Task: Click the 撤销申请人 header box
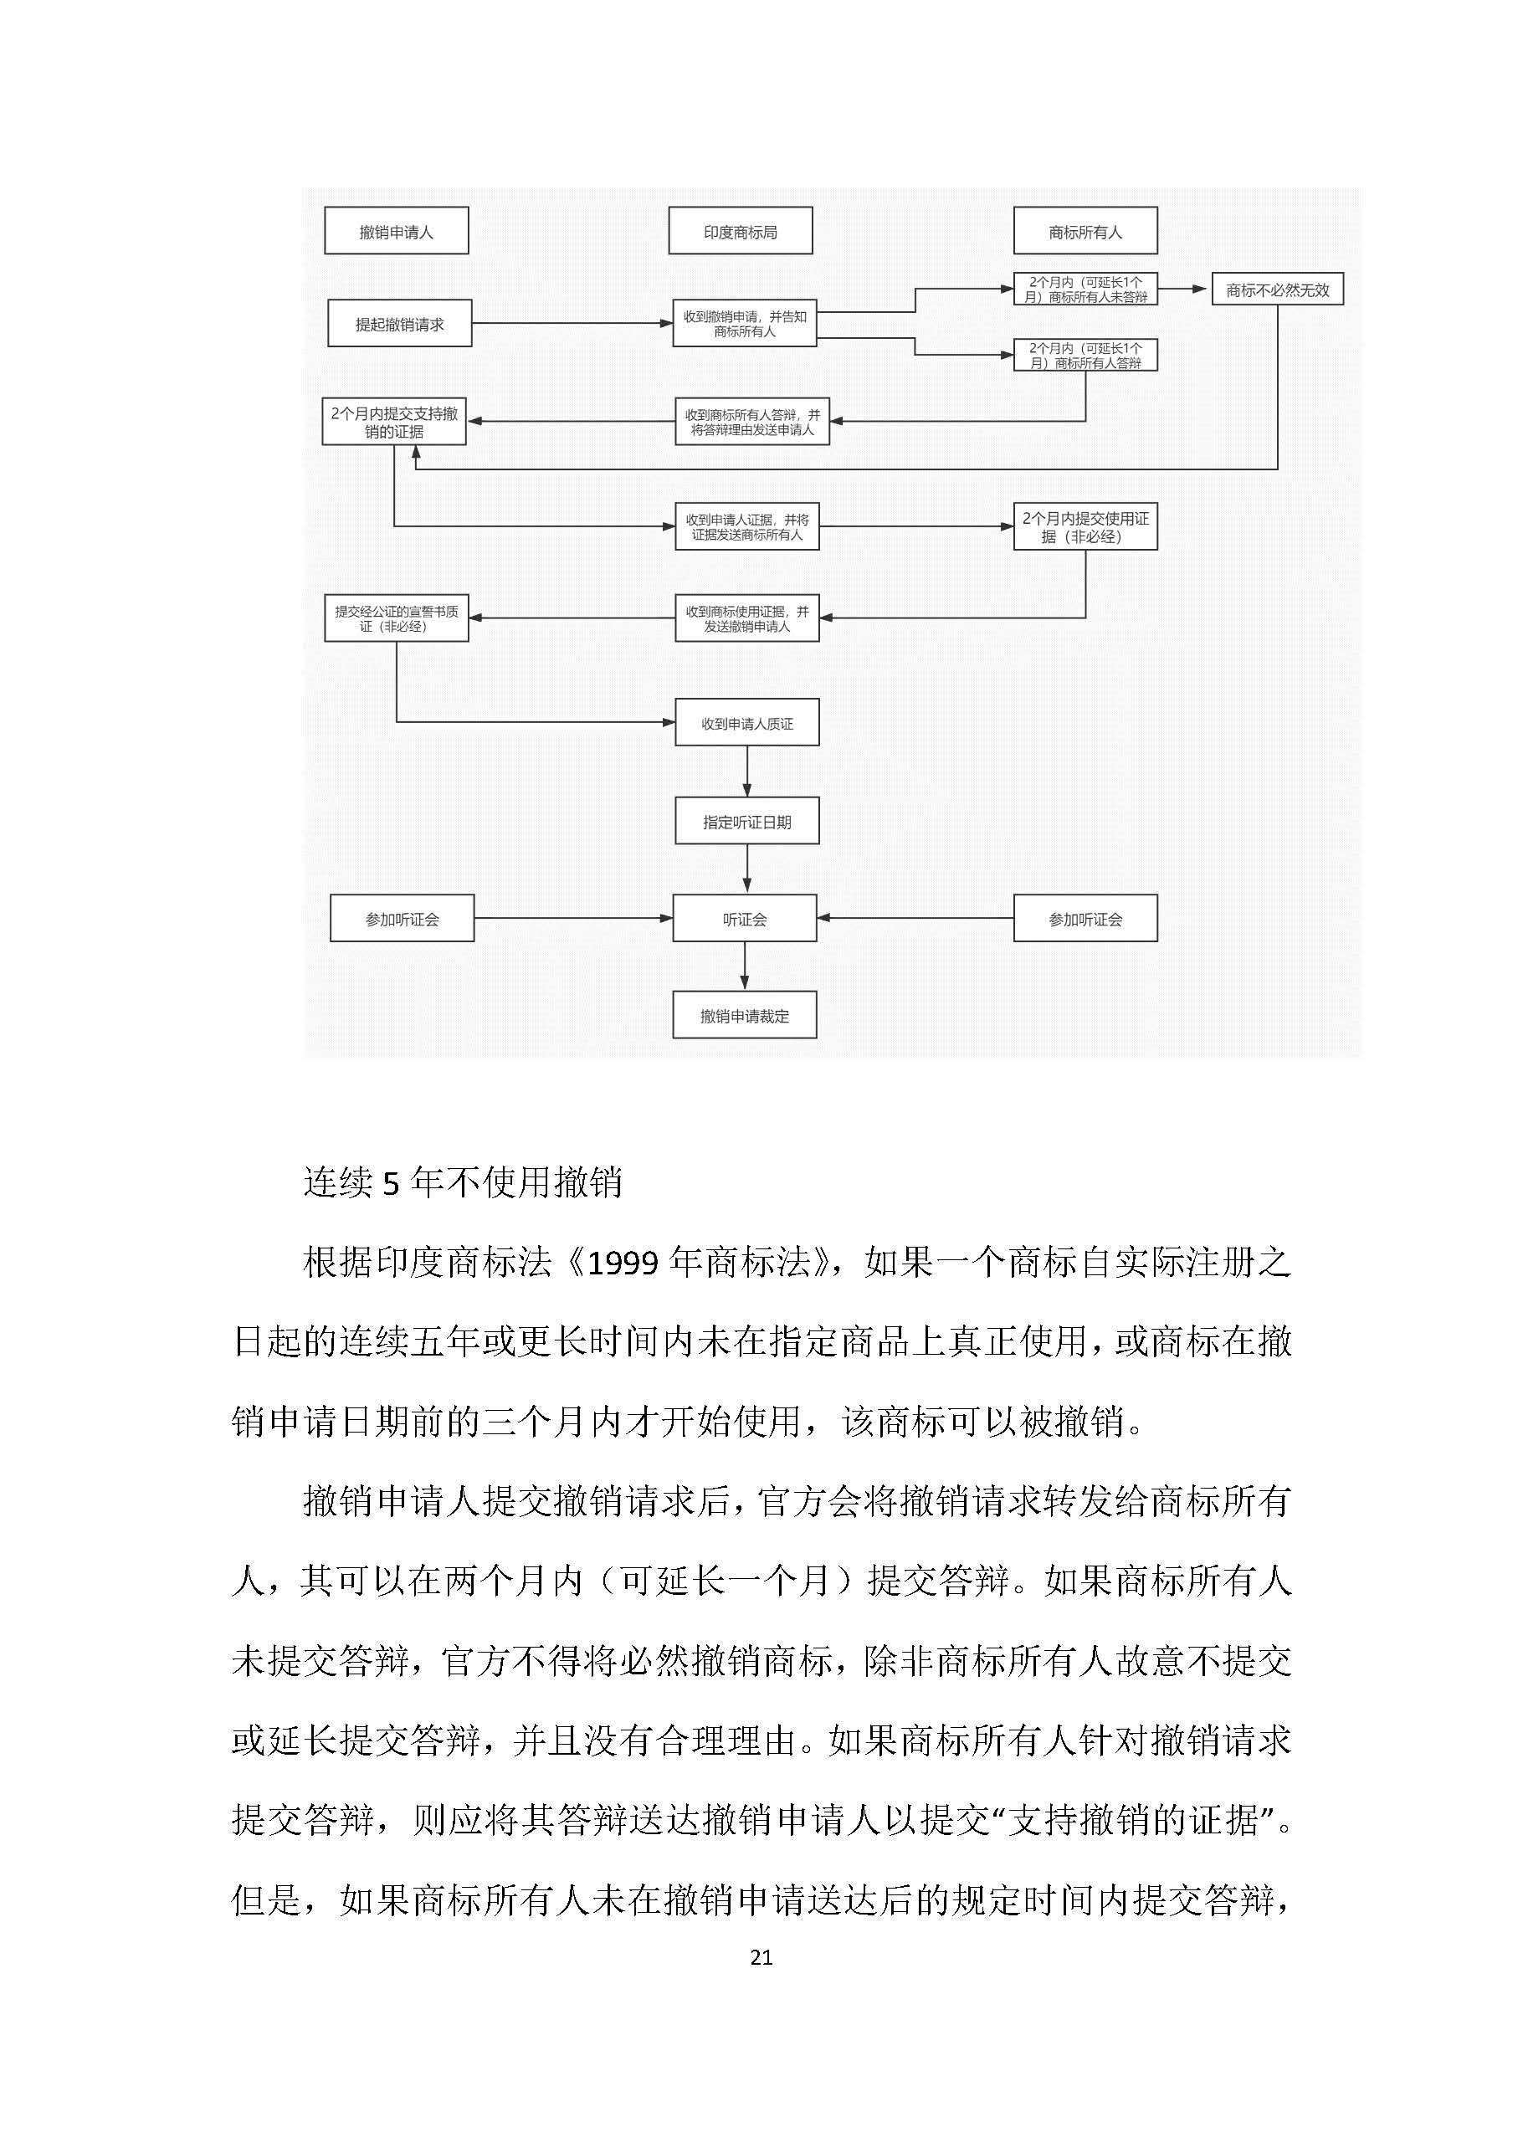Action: point(396,231)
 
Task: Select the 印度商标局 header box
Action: point(740,231)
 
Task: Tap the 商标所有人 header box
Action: point(1085,231)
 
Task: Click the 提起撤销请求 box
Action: point(399,324)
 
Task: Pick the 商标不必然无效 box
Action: point(1277,290)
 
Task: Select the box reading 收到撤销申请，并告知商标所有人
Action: point(745,324)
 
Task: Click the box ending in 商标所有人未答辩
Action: point(1085,289)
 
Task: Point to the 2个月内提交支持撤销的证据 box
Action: point(394,422)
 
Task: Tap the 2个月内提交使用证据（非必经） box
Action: point(1085,527)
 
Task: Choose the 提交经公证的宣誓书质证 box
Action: point(396,618)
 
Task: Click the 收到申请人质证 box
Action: point(746,723)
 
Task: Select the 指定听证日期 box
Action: point(746,822)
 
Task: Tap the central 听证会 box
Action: point(745,919)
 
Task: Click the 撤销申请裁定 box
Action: point(745,1016)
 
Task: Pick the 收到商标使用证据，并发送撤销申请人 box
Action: point(746,618)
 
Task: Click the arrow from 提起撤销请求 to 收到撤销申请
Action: point(572,324)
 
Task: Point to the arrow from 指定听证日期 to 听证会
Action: point(746,869)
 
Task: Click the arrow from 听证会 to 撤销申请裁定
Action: point(745,966)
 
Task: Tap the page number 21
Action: point(761,1957)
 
